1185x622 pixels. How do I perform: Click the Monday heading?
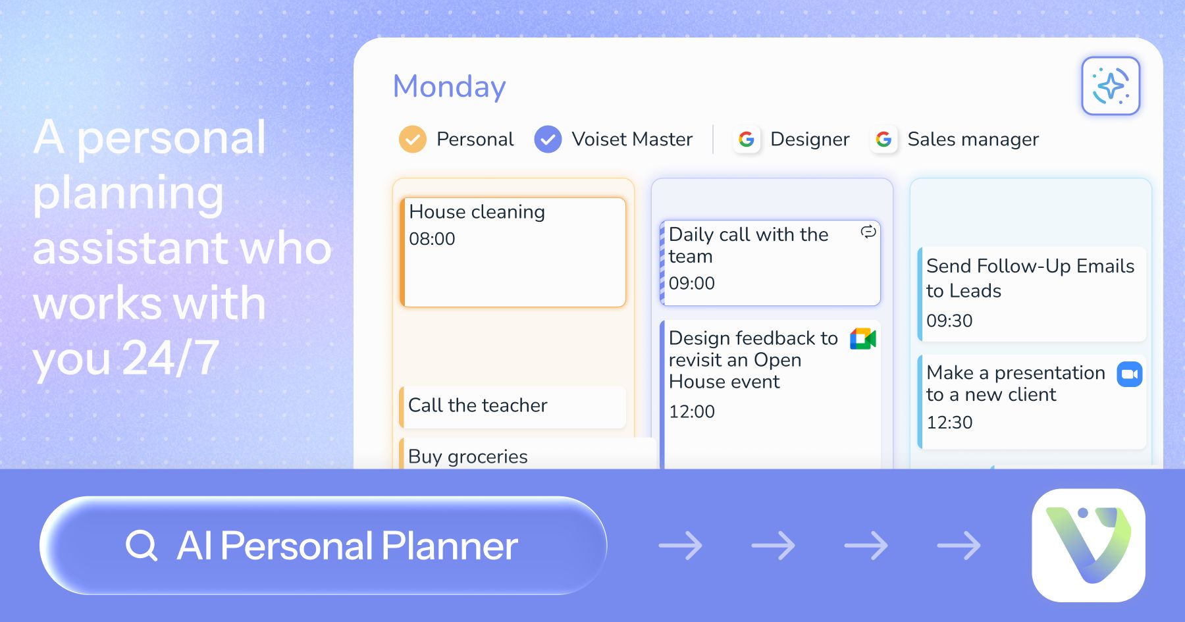click(449, 86)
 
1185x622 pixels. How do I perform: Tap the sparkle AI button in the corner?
click(1111, 86)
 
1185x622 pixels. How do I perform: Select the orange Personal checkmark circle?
click(413, 140)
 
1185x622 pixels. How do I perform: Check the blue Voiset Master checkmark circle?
click(548, 140)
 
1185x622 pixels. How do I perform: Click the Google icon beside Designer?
click(747, 140)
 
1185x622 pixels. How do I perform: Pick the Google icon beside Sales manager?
click(883, 140)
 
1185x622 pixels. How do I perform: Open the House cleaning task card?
click(513, 252)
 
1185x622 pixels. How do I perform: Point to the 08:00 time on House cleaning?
click(432, 239)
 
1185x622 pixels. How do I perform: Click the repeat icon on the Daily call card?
click(868, 232)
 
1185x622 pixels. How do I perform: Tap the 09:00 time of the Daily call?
click(691, 284)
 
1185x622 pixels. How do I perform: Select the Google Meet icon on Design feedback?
click(863, 339)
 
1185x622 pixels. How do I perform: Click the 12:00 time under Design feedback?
click(691, 412)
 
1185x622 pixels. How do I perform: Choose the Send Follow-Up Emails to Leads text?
click(1030, 278)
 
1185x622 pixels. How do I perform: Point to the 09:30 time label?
click(949, 321)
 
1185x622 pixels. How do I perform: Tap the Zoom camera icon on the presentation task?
click(1130, 374)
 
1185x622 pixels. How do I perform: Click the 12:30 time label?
click(949, 423)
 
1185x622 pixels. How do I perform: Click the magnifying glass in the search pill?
click(142, 546)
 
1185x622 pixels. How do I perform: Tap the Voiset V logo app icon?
click(1088, 545)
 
